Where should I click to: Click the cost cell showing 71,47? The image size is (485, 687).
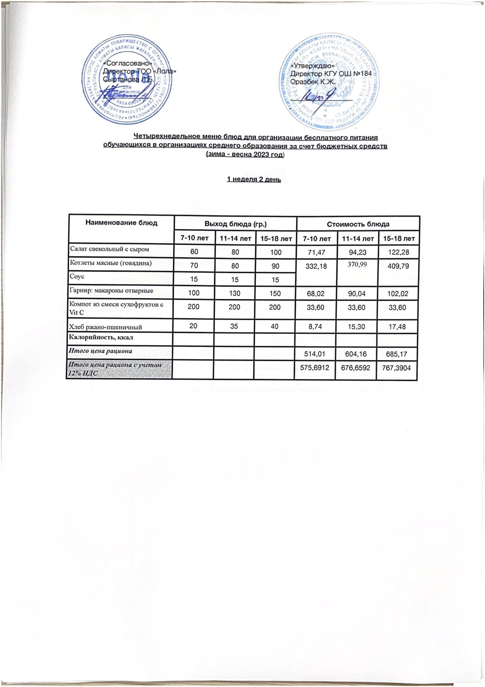tap(316, 251)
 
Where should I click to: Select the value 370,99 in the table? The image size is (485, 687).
tap(357, 265)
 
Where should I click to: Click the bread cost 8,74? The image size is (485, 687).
tap(316, 327)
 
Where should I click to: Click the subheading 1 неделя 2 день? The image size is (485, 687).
tap(254, 179)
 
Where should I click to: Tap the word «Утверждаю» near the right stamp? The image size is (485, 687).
tap(310, 66)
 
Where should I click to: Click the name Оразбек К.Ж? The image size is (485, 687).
tap(313, 80)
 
